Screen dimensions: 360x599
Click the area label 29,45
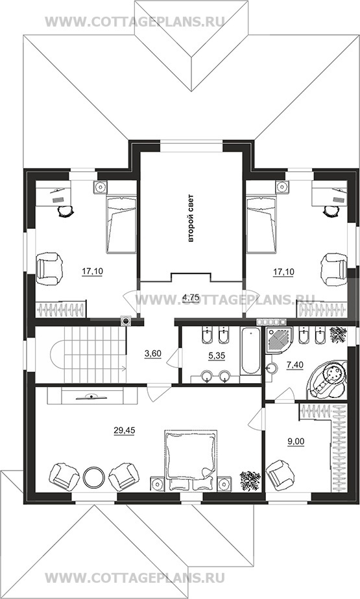124,430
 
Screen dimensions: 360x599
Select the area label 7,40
294,365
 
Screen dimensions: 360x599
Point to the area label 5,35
217,356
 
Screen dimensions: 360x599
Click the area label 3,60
153,354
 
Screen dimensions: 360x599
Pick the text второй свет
191,219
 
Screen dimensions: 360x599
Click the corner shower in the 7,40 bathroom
278,340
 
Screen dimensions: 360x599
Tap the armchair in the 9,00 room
280,475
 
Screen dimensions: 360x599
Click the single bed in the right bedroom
261,224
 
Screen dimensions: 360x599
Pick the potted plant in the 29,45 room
250,480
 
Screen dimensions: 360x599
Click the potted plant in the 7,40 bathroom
338,335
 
